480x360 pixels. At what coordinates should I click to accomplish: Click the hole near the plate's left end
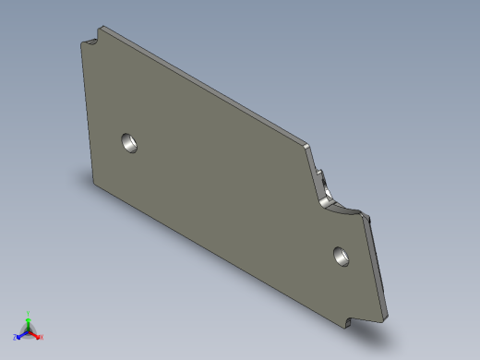(129, 143)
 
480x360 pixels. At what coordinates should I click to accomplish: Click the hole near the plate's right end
(341, 255)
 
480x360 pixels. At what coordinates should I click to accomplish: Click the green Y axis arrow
(29, 319)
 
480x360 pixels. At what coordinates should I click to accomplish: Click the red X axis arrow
(36, 335)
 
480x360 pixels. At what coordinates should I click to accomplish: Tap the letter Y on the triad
(29, 313)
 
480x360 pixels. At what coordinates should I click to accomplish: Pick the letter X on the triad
(42, 338)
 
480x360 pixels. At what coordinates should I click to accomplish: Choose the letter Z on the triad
(15, 338)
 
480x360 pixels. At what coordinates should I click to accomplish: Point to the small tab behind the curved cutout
(322, 175)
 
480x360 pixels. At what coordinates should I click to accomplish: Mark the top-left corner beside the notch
(82, 46)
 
